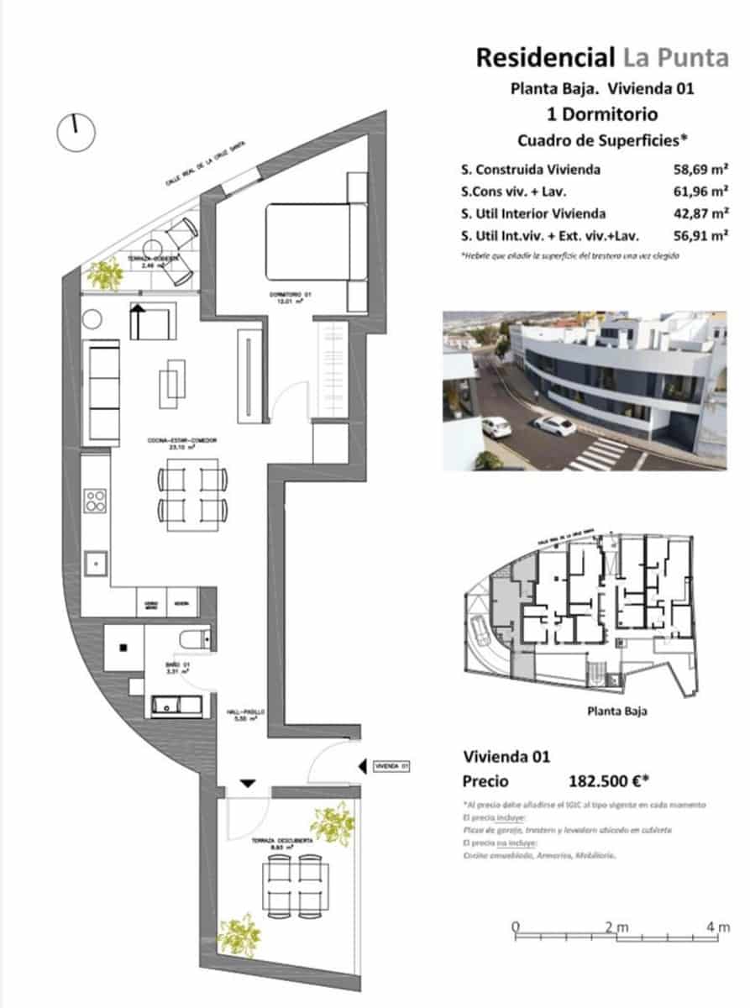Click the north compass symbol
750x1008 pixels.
(76, 131)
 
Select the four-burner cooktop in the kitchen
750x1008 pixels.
(95, 501)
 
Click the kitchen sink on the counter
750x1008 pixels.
(95, 559)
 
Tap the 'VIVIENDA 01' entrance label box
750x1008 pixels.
(391, 766)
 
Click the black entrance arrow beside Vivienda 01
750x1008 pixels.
(362, 766)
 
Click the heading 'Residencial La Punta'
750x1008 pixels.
(602, 57)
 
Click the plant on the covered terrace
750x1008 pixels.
(105, 274)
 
